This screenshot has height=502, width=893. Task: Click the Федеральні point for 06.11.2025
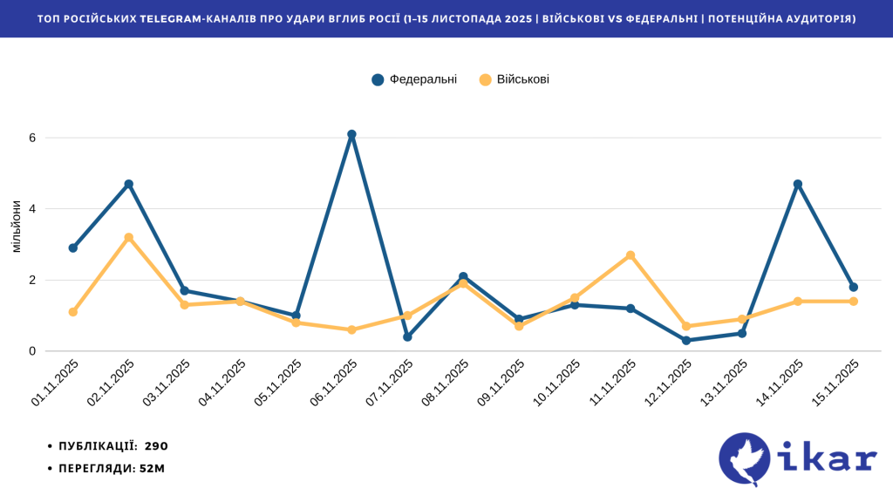351,134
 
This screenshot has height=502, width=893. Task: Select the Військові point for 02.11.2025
129,237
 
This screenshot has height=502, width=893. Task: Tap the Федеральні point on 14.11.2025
797,184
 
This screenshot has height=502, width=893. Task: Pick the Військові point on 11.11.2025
631,255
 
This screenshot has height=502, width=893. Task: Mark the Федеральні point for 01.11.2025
73,248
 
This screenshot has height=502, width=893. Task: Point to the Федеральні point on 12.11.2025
686,340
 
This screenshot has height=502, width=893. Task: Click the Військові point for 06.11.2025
351,329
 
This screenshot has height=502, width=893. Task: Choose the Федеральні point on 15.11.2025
853,287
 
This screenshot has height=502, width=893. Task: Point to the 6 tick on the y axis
32,138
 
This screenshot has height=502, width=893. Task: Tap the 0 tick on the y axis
32,351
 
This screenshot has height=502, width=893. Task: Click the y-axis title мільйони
16,227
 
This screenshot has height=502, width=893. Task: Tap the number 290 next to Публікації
155,445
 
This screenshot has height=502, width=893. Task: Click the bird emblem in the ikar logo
745,459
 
